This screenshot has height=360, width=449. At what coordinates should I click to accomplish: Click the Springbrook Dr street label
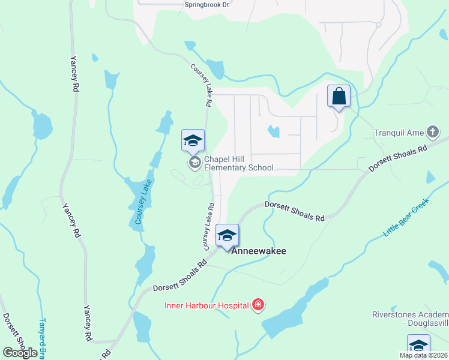click(x=207, y=4)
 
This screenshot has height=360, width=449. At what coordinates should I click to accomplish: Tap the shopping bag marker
click(x=339, y=96)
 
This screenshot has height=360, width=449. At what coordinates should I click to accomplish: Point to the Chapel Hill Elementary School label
click(x=239, y=164)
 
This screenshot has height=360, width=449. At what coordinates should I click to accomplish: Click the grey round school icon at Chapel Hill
click(x=194, y=163)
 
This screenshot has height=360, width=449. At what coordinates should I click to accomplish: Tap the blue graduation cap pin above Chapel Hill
click(x=193, y=141)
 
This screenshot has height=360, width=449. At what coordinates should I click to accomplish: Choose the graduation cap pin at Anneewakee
click(x=227, y=236)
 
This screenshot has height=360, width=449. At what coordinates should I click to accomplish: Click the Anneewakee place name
click(x=259, y=251)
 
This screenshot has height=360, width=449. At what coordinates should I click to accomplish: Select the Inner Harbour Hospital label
click(x=206, y=305)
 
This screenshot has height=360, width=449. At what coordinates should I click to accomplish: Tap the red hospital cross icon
click(x=258, y=305)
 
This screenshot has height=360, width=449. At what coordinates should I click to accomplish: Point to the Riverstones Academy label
click(x=410, y=319)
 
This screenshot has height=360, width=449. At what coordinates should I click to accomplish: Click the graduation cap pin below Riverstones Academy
click(x=418, y=346)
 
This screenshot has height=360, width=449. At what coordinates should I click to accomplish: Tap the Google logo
click(x=20, y=353)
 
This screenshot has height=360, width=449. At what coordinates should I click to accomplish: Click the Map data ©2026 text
click(x=423, y=355)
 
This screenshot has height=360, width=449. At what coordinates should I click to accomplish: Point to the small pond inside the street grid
click(x=274, y=131)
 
